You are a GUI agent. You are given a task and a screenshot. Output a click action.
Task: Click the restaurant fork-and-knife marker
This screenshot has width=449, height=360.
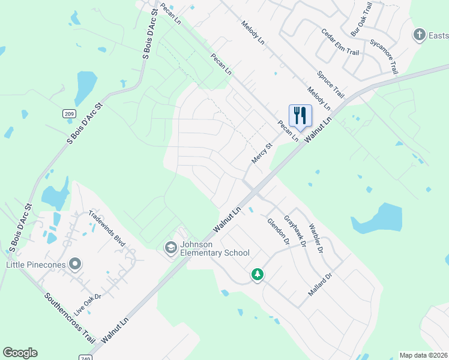(300, 115)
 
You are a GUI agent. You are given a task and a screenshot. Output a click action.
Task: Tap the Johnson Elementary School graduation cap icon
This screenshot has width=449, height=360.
(170, 247)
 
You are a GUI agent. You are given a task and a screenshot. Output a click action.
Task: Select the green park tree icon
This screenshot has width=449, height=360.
(258, 274)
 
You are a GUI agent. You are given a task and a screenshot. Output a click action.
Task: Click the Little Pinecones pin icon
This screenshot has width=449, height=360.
(75, 263)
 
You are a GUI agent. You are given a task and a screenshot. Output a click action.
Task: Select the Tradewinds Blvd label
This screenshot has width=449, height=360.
(107, 228)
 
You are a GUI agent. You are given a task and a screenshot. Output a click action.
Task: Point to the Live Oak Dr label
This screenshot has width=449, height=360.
(88, 303)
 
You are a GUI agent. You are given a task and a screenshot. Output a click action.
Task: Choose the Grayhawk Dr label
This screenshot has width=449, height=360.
(295, 231)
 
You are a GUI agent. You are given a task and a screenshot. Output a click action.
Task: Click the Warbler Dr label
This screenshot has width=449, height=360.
(316, 238)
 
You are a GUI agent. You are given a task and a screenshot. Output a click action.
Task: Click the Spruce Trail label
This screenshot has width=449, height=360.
(331, 85)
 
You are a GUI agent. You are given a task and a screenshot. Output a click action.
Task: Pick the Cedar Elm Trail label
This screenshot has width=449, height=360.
(340, 43)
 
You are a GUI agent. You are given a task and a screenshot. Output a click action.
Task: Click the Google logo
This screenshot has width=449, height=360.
(20, 353)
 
